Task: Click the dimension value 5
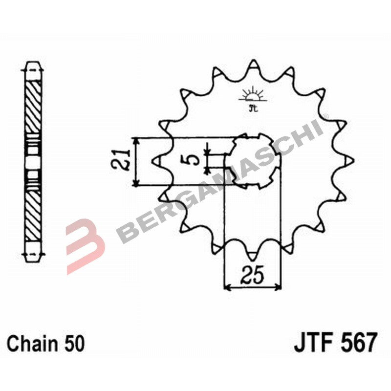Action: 194,160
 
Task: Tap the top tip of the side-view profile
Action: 33,63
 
